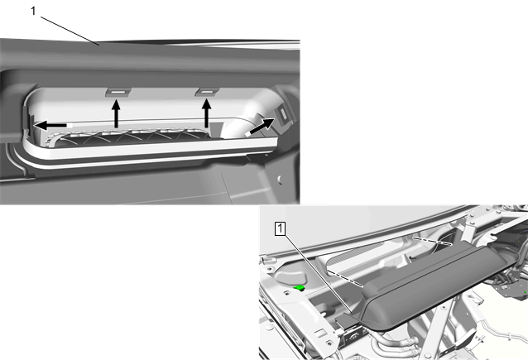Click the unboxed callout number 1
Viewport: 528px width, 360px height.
(x=33, y=11)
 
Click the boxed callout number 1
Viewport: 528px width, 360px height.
(x=281, y=229)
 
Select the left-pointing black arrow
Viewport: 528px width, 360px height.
(x=50, y=126)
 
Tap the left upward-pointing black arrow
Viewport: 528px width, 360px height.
(x=116, y=113)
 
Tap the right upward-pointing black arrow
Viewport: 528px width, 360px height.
(x=206, y=113)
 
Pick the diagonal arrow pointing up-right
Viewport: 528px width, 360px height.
(x=262, y=127)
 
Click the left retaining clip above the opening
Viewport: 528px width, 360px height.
(x=118, y=92)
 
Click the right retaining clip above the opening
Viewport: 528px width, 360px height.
(x=207, y=92)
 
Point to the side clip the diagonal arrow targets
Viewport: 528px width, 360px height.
(x=282, y=115)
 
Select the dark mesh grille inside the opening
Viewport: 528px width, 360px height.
(x=132, y=138)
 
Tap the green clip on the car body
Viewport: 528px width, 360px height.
(x=299, y=287)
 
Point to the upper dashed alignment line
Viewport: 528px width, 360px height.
(x=432, y=240)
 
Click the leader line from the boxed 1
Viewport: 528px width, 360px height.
(x=317, y=273)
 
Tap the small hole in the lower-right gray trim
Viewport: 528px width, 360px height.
(x=280, y=179)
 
